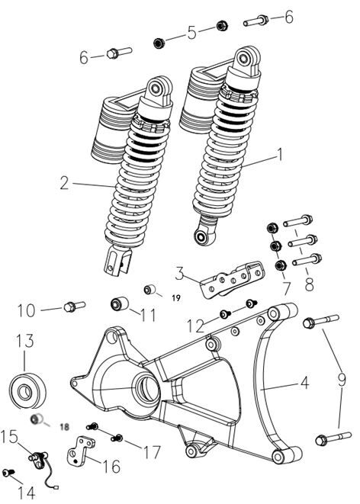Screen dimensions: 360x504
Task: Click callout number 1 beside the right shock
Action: pos(280,155)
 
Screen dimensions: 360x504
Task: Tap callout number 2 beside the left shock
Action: pos(65,183)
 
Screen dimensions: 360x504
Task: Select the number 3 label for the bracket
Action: pos(180,274)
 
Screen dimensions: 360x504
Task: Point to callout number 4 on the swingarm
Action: pos(304,383)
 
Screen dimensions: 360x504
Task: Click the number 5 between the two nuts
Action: pos(192,33)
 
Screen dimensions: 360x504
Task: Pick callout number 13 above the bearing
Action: pos(25,341)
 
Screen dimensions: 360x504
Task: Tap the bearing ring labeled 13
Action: pos(27,390)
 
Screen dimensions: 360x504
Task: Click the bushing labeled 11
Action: pos(119,303)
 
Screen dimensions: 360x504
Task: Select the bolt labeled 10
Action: pos(75,307)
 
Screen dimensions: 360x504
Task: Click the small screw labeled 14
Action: pos(8,473)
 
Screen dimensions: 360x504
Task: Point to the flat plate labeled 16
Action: pos(81,450)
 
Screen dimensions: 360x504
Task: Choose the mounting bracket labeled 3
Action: pos(232,279)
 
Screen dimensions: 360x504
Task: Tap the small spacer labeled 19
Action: pos(149,289)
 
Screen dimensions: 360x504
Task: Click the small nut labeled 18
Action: pos(35,419)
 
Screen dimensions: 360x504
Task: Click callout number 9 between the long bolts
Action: pos(342,380)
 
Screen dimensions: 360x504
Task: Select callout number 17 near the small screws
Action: pos(152,452)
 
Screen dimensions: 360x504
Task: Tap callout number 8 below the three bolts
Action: pos(309,284)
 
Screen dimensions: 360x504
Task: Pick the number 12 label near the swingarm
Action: pos(195,326)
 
